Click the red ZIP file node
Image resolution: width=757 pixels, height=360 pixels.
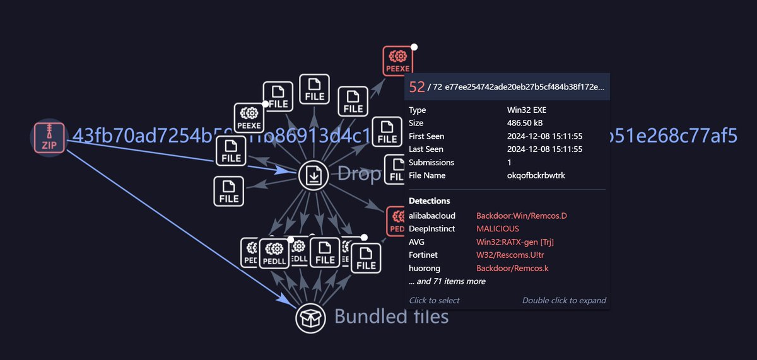(x=49, y=137)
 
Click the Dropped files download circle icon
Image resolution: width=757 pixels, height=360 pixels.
(x=314, y=175)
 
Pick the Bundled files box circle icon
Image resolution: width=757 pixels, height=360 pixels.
(x=310, y=318)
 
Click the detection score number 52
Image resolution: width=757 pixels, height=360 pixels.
(x=417, y=87)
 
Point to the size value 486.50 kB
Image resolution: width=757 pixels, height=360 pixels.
(x=526, y=124)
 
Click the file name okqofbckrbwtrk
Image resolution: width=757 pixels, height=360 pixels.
(x=536, y=175)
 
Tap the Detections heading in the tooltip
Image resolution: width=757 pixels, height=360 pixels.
(x=430, y=201)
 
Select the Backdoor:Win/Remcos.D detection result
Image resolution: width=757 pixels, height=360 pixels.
(x=521, y=216)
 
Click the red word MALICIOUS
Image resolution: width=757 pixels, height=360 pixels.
(x=498, y=229)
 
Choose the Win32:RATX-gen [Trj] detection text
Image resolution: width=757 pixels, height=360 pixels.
(x=515, y=242)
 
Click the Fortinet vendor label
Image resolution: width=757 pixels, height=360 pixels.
(x=425, y=255)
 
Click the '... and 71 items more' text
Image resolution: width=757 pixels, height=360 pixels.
(x=447, y=281)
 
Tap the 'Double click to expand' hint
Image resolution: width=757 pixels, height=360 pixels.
(x=564, y=301)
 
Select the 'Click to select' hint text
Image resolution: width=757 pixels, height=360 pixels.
(x=434, y=301)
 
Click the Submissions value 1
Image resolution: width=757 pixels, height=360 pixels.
(x=510, y=163)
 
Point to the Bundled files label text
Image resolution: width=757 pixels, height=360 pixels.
(x=391, y=316)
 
